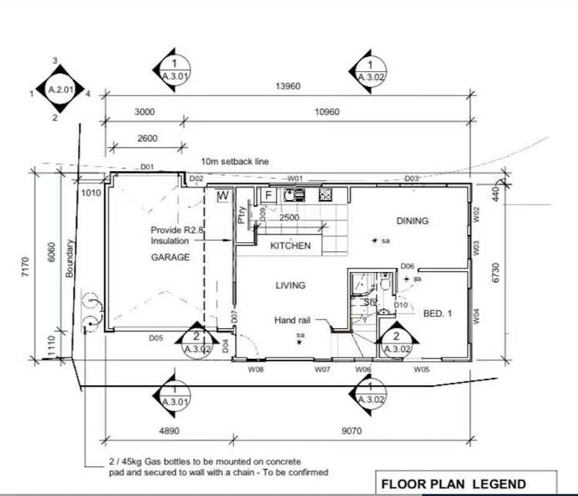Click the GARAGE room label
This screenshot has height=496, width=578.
(x=170, y=257)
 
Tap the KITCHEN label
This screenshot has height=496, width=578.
(x=290, y=246)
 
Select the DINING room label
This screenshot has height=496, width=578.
(x=412, y=221)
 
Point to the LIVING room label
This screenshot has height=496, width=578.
(x=291, y=285)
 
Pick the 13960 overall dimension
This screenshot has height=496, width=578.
(x=287, y=86)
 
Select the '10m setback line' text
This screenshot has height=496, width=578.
(x=235, y=162)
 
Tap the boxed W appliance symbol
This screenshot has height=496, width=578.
(x=223, y=196)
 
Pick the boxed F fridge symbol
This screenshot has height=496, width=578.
(x=268, y=196)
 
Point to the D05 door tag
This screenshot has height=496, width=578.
(x=155, y=337)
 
